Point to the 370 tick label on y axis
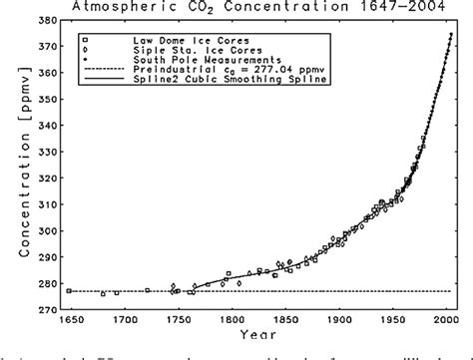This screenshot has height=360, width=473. (x=46, y=48)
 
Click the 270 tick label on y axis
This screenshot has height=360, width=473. (x=46, y=309)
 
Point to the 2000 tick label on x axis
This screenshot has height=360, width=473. (x=447, y=321)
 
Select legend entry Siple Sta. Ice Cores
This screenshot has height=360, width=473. (x=170, y=49)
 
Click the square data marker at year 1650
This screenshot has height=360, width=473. (x=69, y=290)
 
